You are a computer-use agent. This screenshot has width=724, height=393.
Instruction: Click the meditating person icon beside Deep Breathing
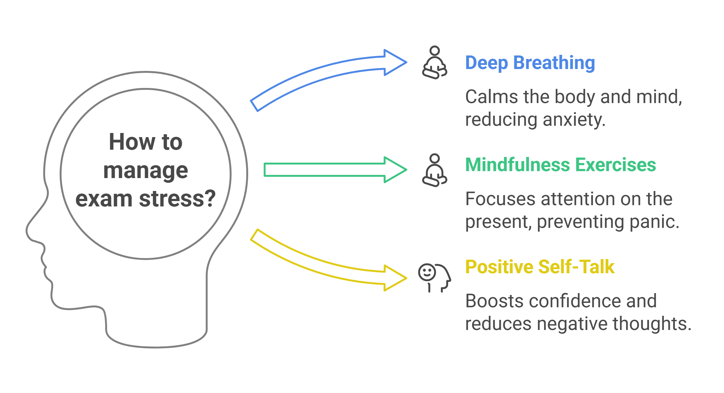point(435,62)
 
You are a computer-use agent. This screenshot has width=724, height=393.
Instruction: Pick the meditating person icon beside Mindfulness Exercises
point(435,170)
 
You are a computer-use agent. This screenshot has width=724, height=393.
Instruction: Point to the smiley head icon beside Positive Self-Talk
point(435,278)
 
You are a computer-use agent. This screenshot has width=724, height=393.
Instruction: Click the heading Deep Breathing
point(530,63)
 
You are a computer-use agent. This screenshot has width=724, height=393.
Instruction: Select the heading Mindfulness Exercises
point(561,165)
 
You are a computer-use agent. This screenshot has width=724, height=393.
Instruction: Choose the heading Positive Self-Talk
point(540,267)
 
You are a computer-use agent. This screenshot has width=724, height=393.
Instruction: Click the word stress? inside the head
point(177,199)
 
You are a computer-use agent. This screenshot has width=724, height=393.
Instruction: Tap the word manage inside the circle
point(145,171)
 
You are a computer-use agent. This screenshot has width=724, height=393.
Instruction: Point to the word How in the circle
point(132,142)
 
